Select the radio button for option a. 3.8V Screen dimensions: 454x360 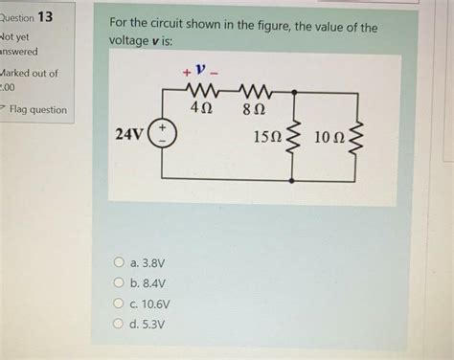pyautogui.click(x=120, y=261)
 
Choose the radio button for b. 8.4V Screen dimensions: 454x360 pyautogui.click(x=120, y=282)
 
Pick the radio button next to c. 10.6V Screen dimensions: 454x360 pyautogui.click(x=120, y=304)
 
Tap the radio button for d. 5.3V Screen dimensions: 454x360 pyautogui.click(x=120, y=325)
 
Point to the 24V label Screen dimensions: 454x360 pyautogui.click(x=129, y=135)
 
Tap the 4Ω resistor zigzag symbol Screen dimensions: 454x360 pyautogui.click(x=202, y=92)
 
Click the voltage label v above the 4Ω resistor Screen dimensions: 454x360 pyautogui.click(x=198, y=70)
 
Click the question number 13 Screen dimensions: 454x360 pyautogui.click(x=45, y=18)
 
